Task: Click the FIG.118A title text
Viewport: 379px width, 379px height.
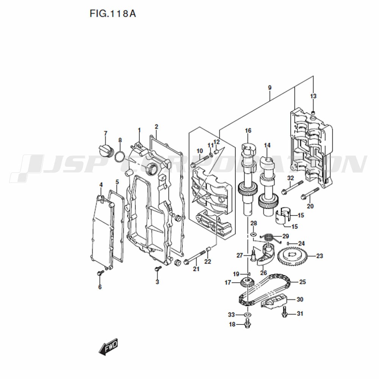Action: pyautogui.click(x=113, y=14)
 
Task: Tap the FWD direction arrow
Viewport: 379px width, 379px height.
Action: pyautogui.click(x=108, y=347)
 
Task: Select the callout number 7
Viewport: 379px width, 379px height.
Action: pyautogui.click(x=105, y=133)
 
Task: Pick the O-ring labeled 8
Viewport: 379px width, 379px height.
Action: pyautogui.click(x=120, y=157)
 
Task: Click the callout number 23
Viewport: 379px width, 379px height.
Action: pyautogui.click(x=319, y=256)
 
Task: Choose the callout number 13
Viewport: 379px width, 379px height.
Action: pyautogui.click(x=313, y=96)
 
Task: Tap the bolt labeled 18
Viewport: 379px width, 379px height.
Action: pyautogui.click(x=247, y=324)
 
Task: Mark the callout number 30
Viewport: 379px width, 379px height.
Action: pyautogui.click(x=300, y=299)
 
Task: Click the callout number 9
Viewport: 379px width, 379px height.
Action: pyautogui.click(x=270, y=88)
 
